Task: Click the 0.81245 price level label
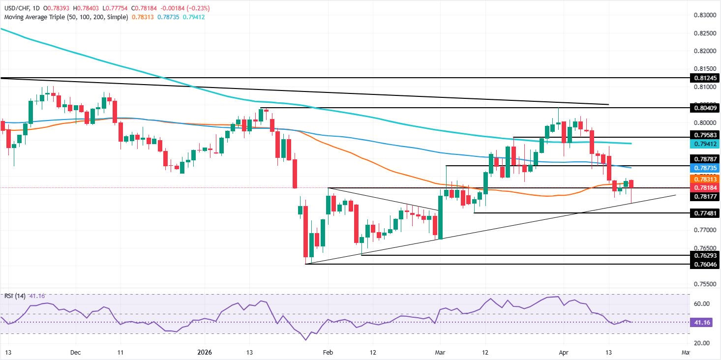(701, 78)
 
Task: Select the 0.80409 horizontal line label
(701, 108)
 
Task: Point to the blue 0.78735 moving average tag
(701, 168)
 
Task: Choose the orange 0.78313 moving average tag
(701, 180)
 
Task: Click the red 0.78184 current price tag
(701, 187)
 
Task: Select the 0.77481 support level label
(701, 213)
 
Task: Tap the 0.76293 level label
(701, 255)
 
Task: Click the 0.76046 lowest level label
(701, 264)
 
